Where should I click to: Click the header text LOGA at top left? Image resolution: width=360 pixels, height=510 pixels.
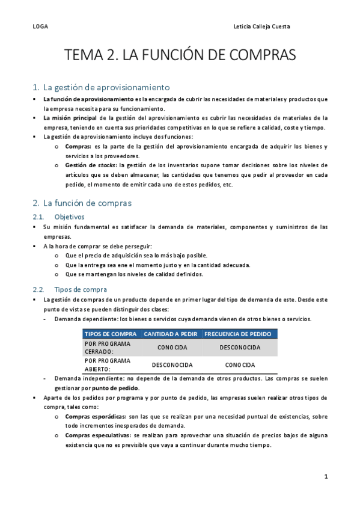click(40, 27)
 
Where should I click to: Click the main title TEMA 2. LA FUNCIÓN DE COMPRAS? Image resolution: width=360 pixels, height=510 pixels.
click(180, 56)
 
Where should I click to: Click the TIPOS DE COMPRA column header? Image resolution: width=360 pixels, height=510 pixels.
click(111, 334)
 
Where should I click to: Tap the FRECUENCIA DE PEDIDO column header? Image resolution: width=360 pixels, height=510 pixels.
click(239, 334)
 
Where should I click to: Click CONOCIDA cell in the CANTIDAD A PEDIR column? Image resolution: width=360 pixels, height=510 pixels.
click(172, 348)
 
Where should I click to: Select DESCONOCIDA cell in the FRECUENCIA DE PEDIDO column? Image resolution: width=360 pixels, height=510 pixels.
click(240, 348)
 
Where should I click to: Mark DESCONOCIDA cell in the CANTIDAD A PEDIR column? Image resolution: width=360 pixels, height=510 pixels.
click(172, 365)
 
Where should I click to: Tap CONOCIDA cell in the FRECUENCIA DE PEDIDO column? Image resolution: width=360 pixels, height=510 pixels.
click(240, 365)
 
